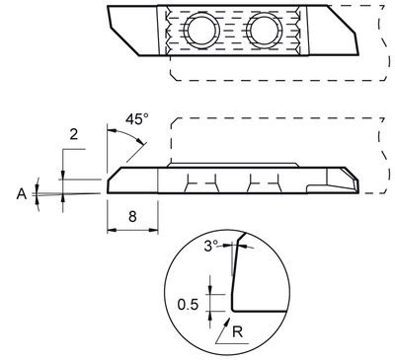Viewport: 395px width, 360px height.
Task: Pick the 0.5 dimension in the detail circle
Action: click(x=188, y=303)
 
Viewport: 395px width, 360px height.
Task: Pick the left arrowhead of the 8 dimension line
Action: click(x=109, y=230)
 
